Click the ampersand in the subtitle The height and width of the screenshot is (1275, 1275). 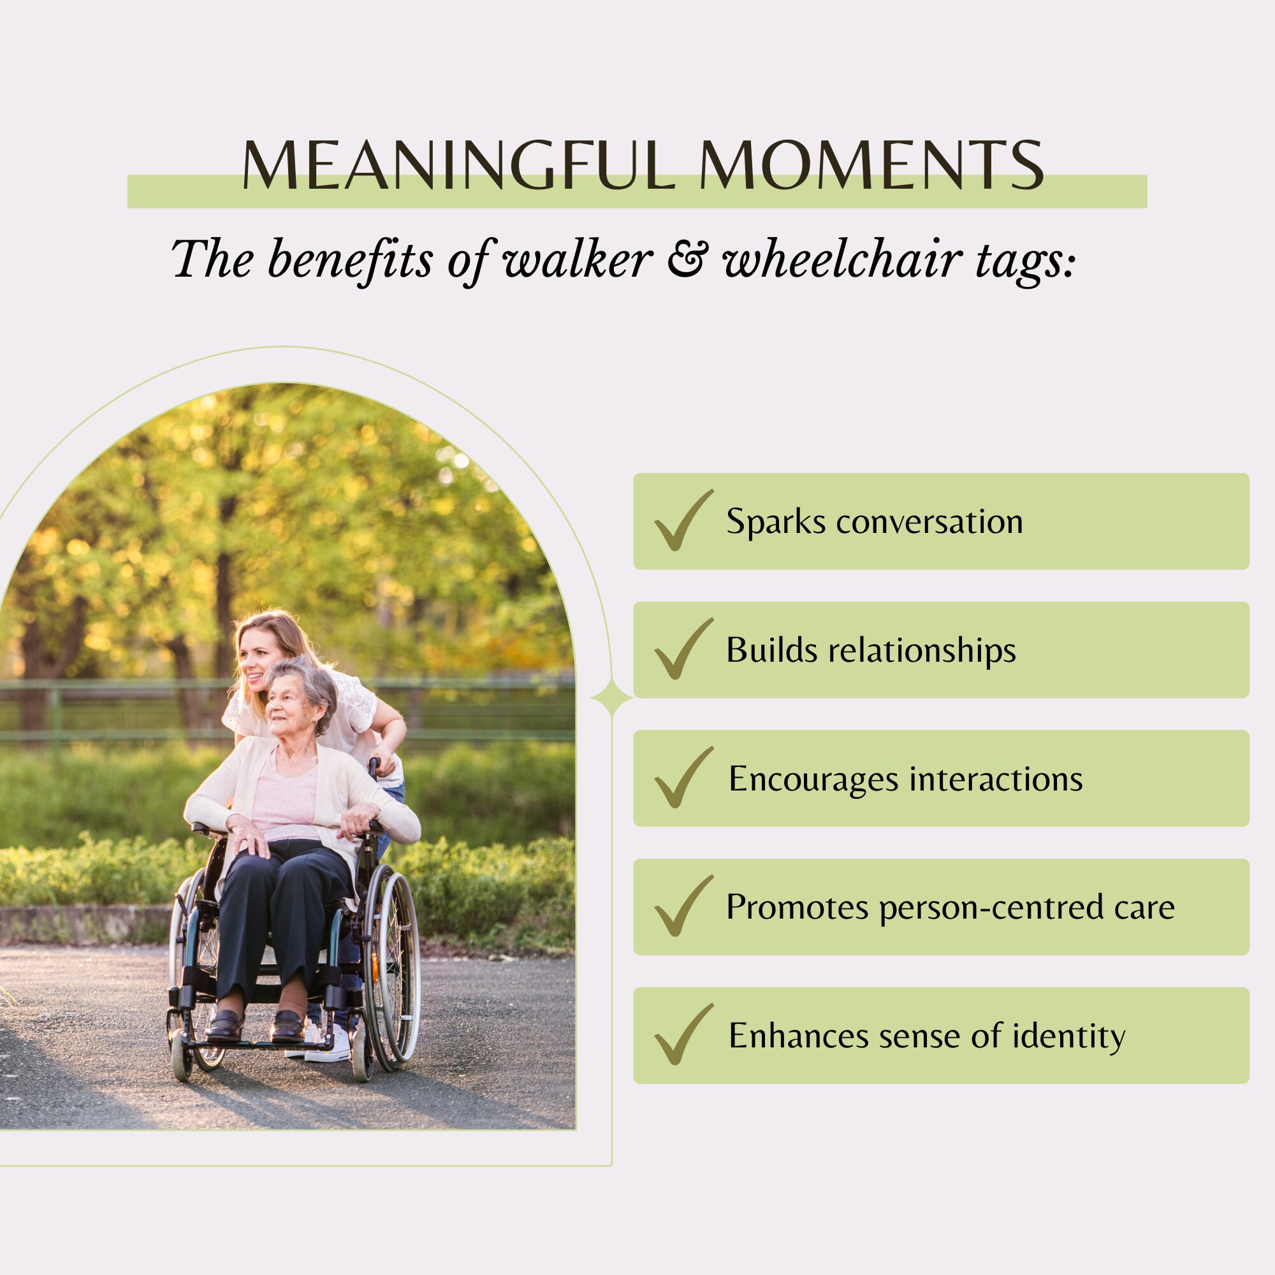687,258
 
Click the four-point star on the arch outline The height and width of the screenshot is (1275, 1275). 611,697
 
